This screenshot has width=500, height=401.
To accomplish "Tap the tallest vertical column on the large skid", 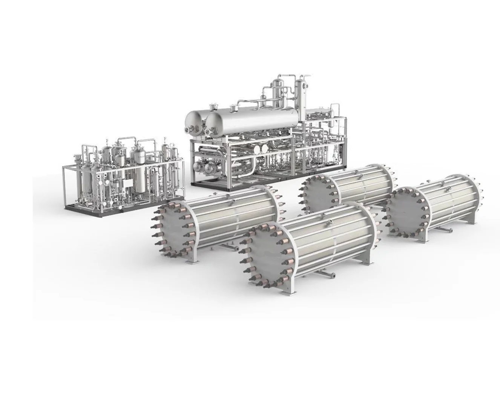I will pyautogui.click(x=301, y=96).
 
